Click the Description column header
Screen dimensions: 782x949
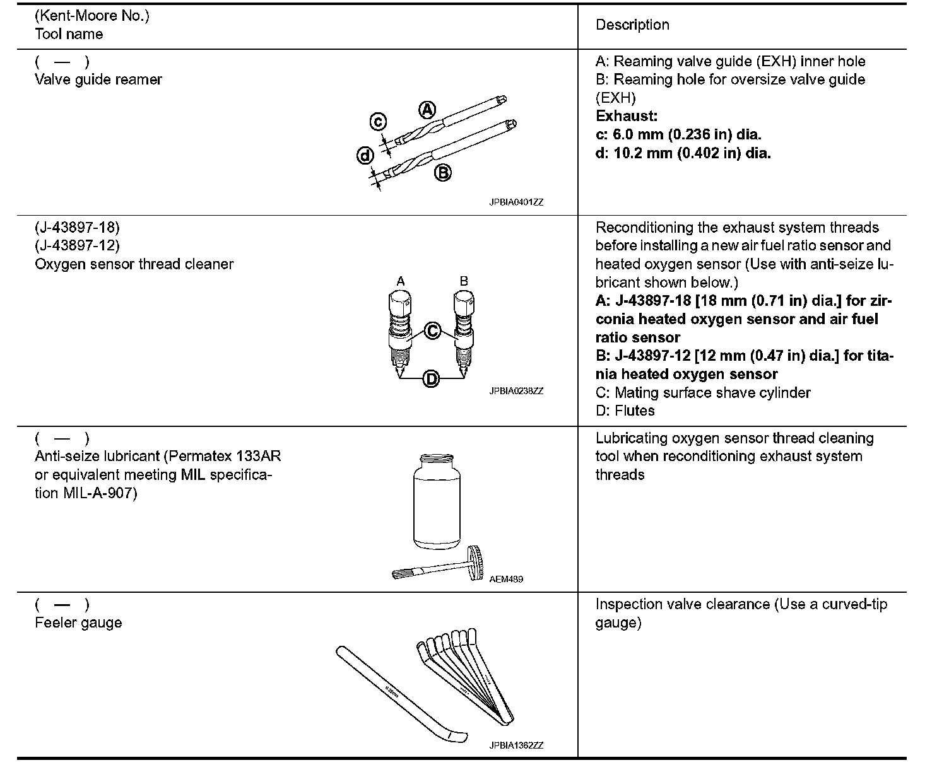point(632,25)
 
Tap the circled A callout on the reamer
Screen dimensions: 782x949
point(427,110)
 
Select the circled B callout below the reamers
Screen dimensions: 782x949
point(443,172)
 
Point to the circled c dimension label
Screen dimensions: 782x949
point(377,121)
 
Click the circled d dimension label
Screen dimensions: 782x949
point(365,155)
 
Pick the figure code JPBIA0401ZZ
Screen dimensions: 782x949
point(516,202)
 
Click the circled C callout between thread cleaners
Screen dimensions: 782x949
point(432,330)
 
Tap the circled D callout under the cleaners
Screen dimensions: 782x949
point(432,378)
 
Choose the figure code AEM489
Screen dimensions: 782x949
point(506,579)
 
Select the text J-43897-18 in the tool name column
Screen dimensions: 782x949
point(77,227)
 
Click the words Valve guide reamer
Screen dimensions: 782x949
point(98,79)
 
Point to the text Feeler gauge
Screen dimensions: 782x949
point(78,622)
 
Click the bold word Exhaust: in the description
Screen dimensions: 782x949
point(627,116)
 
